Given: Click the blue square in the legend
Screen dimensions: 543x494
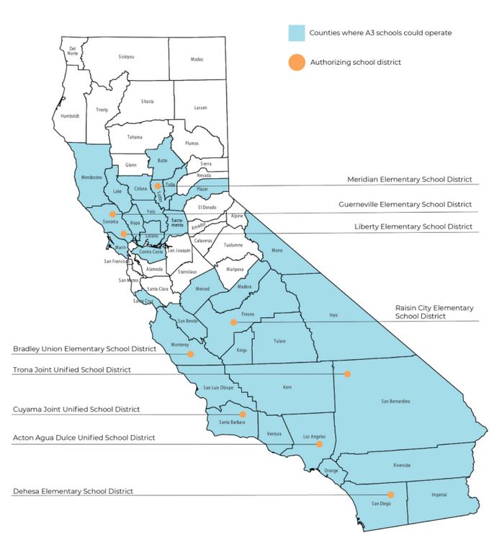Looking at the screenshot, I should [295, 33].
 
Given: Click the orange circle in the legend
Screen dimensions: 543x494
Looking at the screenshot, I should [295, 62].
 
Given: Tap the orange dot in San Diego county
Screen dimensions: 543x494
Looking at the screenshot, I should [391, 495].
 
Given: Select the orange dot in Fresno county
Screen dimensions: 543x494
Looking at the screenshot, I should [233, 322].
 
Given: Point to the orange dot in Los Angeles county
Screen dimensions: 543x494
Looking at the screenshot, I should [318, 444].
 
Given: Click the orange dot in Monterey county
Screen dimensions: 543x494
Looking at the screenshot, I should [191, 354].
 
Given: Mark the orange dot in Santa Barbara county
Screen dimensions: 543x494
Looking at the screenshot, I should [243, 415].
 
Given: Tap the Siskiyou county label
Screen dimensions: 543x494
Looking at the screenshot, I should [126, 56].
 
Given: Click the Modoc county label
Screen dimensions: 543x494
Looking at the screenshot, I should [197, 59].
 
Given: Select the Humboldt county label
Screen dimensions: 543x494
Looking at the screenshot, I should [69, 115].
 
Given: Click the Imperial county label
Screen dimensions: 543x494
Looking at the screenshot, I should [439, 495].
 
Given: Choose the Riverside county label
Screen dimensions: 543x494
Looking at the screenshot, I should [401, 465].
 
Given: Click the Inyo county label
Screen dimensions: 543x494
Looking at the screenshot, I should [333, 315].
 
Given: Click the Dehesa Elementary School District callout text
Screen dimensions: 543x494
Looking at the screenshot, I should [73, 491].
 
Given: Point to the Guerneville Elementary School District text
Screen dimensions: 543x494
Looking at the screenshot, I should [405, 204].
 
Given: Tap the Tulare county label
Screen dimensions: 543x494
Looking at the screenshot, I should [280, 341].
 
